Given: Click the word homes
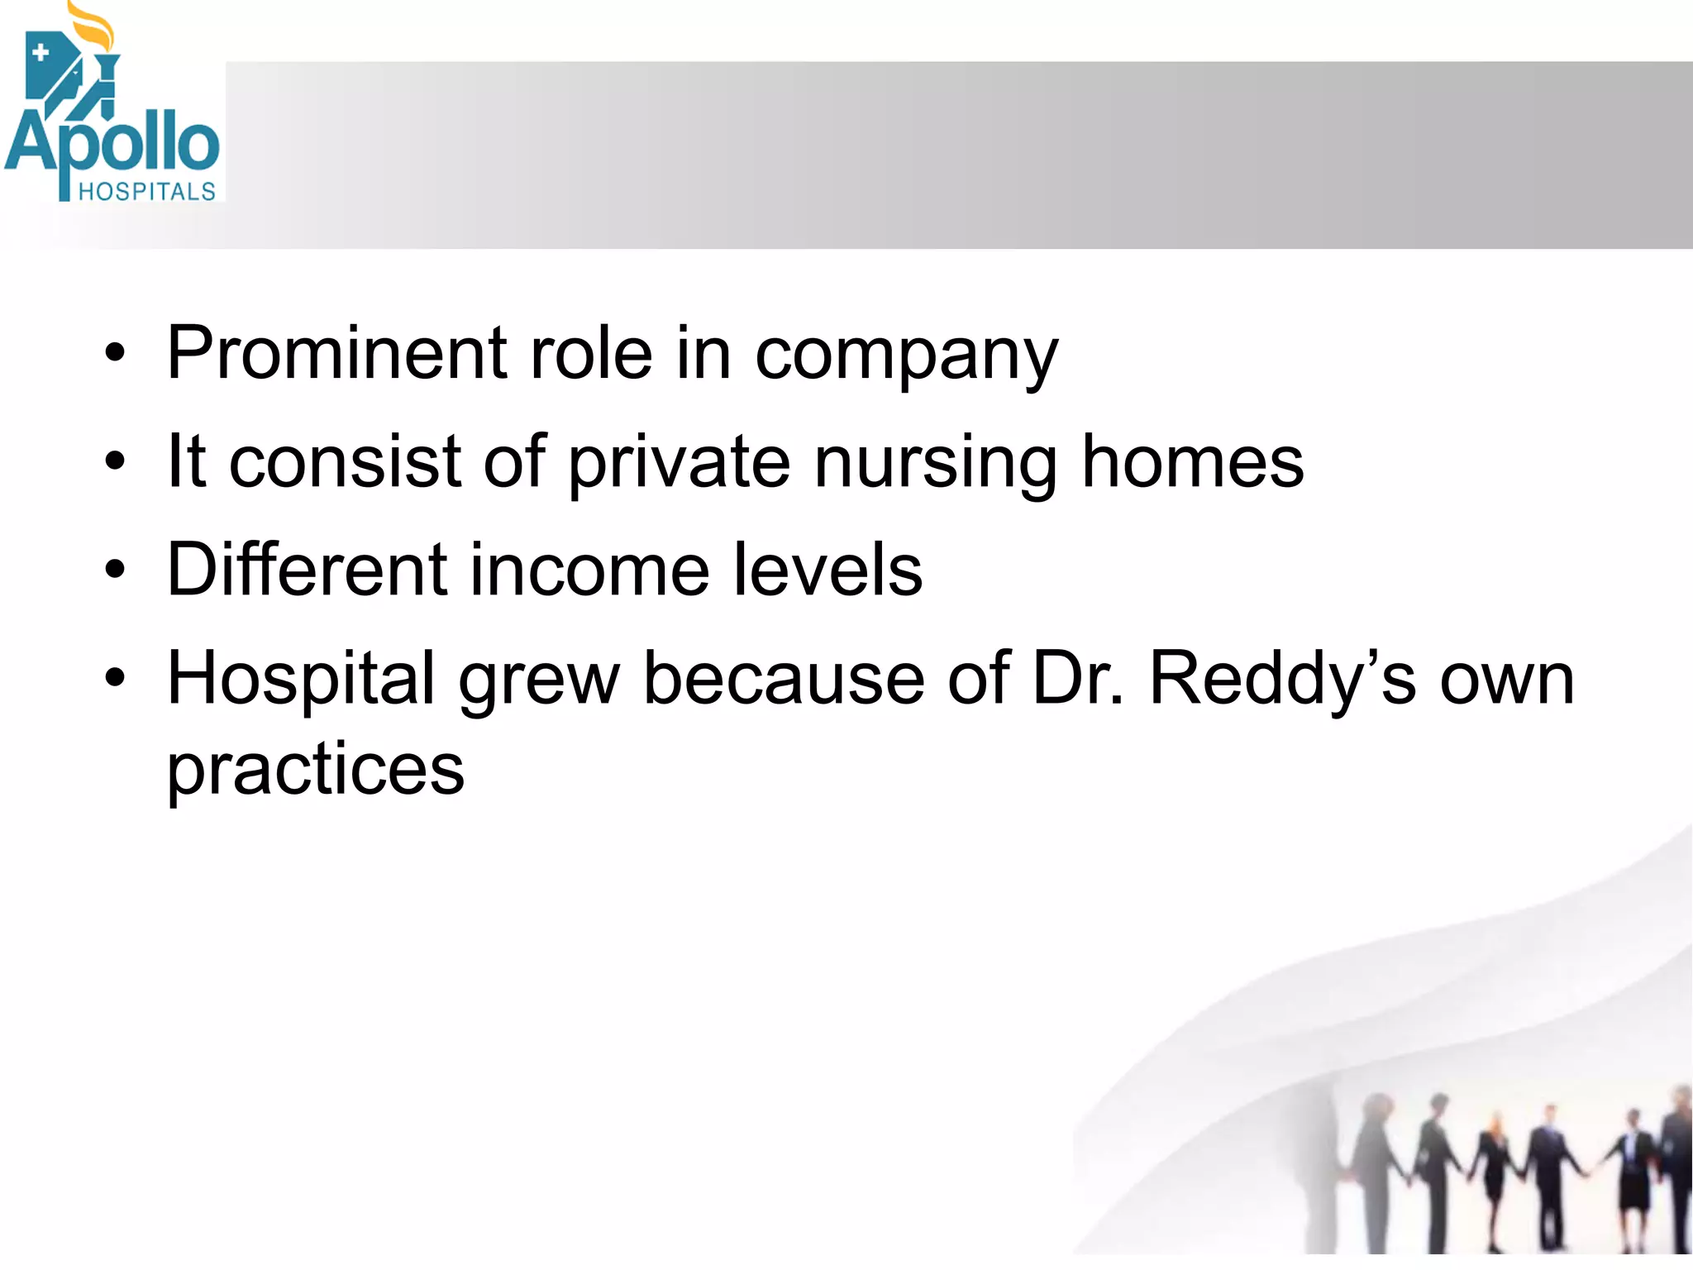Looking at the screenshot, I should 1192,462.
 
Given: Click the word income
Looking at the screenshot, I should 590,570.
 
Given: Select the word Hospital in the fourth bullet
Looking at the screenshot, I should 301,680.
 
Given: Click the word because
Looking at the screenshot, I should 784,680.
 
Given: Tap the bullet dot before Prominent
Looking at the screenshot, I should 115,354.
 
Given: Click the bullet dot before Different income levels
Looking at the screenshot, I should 115,570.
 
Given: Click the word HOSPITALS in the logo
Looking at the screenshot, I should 146,192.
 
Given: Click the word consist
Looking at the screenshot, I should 344,462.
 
